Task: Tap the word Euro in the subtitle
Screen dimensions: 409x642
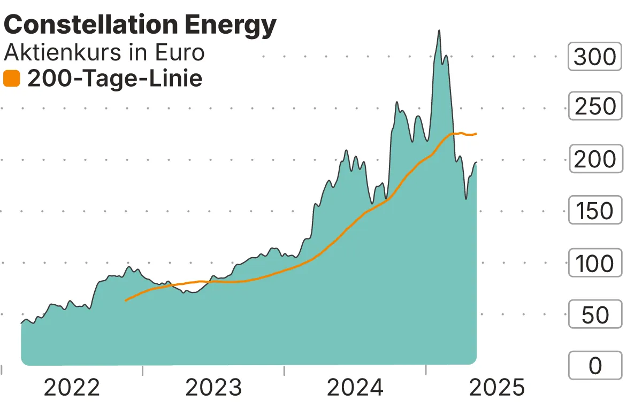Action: coord(180,52)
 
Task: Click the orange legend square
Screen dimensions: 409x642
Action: coord(11,79)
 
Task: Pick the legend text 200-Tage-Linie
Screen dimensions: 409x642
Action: coord(114,79)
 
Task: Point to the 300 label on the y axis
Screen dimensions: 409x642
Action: coord(595,56)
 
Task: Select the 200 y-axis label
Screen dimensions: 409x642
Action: coord(595,159)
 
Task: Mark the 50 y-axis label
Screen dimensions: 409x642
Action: coord(595,314)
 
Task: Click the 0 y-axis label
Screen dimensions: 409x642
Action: coord(595,366)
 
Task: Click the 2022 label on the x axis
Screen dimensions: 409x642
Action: coord(72,388)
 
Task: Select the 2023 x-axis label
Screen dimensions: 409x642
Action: coord(213,388)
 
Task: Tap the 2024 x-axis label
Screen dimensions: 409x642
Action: coord(355,388)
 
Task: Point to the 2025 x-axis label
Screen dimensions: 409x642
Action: coord(497,388)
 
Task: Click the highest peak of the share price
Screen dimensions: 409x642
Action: coord(439,30)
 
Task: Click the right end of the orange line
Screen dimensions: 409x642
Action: coord(476,134)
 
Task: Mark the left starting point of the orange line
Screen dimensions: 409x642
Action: coord(125,300)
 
